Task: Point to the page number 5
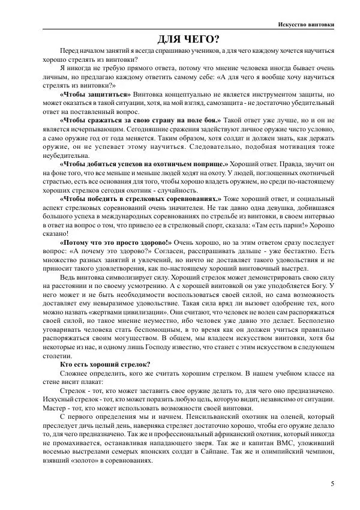point(332,483)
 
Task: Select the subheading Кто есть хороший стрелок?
point(105,364)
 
